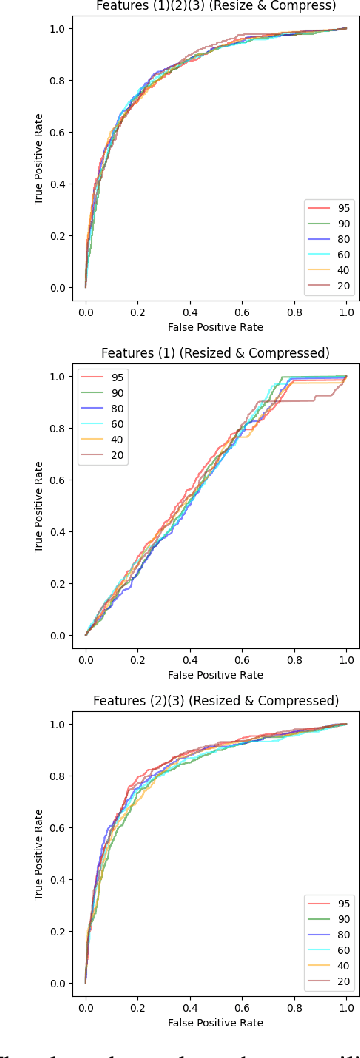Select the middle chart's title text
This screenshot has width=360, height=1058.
pos(216,352)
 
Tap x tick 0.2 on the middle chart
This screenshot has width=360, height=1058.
pos(138,658)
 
